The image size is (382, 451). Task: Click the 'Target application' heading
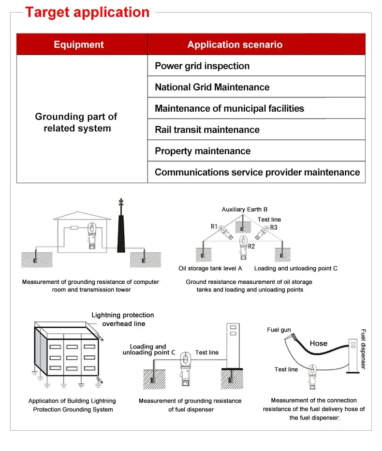tap(87, 12)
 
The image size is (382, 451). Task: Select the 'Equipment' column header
tap(79, 44)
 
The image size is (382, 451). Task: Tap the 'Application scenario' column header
tap(235, 44)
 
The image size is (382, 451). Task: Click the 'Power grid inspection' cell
tap(202, 66)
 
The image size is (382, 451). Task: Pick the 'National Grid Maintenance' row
tap(212, 87)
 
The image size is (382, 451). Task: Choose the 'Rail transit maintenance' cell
tap(207, 130)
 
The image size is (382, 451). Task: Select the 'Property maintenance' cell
tap(203, 151)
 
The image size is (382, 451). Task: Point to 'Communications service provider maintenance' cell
tap(257, 172)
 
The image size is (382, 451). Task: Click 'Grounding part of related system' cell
tap(76, 122)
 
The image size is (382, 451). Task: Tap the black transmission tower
tap(121, 232)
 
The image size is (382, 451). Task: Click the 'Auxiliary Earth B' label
tap(244, 209)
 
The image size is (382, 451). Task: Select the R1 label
tap(214, 226)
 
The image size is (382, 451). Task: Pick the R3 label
tap(274, 227)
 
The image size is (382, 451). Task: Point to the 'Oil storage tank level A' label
tap(210, 268)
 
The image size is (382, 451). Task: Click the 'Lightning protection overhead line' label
tap(123, 319)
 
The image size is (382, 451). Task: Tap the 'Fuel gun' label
tap(279, 330)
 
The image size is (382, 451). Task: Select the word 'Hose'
tap(318, 343)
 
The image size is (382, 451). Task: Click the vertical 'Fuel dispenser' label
tap(363, 349)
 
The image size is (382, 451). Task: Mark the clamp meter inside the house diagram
tap(91, 236)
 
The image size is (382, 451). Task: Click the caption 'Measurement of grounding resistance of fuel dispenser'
tap(190, 405)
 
